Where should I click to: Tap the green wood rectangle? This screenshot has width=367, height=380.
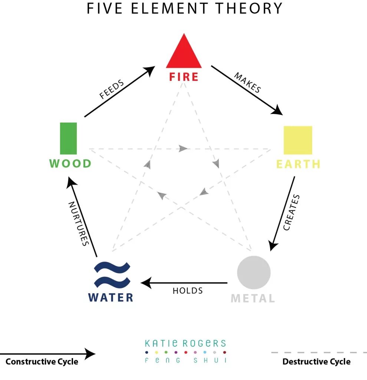(68, 138)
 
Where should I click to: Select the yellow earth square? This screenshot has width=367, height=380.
(298, 140)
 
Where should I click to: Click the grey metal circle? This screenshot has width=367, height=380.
(254, 272)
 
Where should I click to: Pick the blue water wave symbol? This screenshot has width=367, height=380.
(112, 275)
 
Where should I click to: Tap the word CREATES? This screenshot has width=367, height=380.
(291, 212)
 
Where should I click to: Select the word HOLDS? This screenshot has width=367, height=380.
(188, 291)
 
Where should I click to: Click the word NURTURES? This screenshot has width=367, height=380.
(79, 223)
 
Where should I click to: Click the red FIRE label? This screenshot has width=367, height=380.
(184, 77)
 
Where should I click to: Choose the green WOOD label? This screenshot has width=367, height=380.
(70, 163)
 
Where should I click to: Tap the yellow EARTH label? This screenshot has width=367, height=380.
(298, 164)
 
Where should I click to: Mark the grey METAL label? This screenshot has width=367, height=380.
(253, 298)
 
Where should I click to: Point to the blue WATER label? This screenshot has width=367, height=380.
(110, 297)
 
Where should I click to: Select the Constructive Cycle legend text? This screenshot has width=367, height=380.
(42, 361)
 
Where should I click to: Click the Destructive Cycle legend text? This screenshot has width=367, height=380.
(316, 361)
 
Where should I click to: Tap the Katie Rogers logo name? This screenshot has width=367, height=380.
(185, 343)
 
